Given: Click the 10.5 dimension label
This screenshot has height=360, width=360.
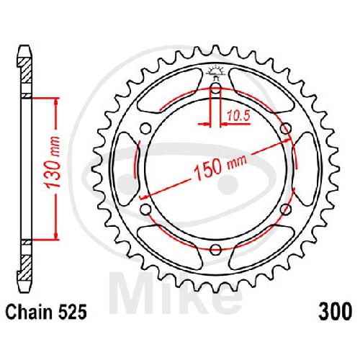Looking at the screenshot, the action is point(238,116).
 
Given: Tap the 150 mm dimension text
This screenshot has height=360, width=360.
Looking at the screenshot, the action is point(220,166).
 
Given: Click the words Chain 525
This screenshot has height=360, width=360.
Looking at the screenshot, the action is point(45,312).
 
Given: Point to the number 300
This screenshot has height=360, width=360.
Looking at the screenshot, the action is point(336,312).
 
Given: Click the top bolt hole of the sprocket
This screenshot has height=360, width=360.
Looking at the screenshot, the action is point(216,89).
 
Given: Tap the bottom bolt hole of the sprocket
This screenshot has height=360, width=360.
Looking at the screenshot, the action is point(216,250).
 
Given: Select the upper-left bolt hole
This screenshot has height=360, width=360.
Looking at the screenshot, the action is point(145,129).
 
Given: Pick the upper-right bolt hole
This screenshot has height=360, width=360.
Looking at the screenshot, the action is point(286,129).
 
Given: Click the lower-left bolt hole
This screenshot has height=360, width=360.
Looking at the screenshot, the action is point(145,210).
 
